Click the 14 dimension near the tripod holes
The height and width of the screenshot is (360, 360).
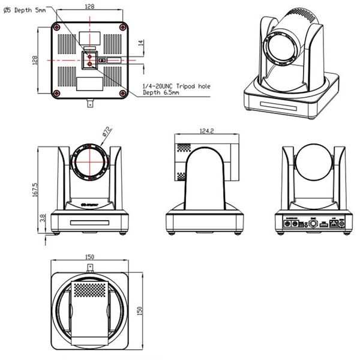(x=141, y=43)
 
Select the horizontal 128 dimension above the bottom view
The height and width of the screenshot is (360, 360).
(x=89, y=6)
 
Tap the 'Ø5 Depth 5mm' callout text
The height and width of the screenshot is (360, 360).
(x=24, y=10)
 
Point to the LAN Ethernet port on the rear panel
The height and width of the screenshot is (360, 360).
(x=332, y=223)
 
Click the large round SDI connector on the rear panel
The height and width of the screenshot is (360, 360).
(x=313, y=224)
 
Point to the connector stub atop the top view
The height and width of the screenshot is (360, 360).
(x=90, y=266)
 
